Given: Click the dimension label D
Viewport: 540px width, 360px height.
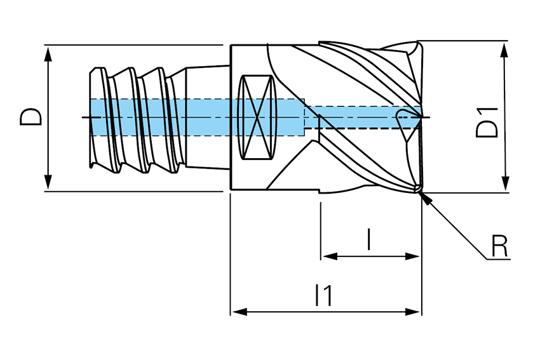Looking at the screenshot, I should [31, 117].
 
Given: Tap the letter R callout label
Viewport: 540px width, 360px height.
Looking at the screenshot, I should [500, 246].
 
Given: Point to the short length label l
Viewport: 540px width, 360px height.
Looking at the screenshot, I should [369, 239].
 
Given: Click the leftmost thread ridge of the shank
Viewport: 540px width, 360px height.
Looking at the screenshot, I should [96, 117].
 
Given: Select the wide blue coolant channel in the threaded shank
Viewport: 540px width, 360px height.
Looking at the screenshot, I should [191, 117].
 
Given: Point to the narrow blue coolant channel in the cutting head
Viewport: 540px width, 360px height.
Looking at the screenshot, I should [362, 117].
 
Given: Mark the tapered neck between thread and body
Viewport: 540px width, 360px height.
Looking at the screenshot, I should [207, 117].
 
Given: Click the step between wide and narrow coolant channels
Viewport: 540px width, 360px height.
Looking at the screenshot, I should [306, 117].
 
